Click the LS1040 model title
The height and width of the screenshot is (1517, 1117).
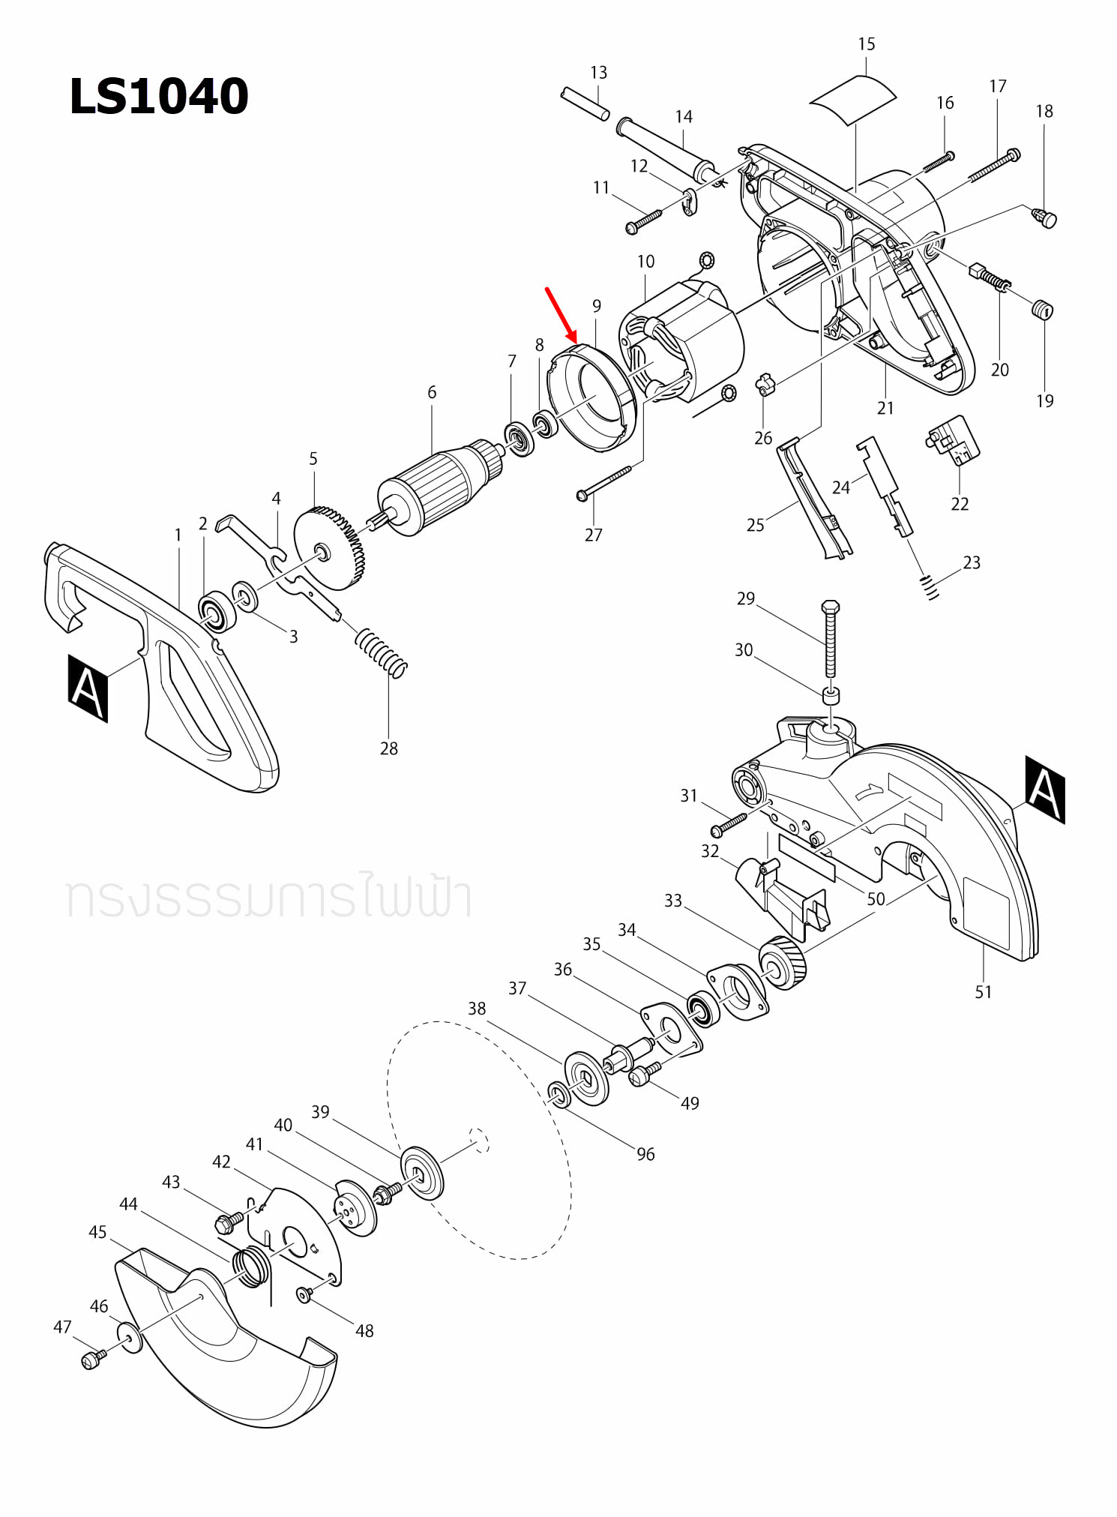[158, 96]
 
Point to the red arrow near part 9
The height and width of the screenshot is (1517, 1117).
[561, 315]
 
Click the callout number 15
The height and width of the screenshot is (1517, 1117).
[866, 44]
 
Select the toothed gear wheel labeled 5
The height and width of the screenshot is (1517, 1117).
[328, 549]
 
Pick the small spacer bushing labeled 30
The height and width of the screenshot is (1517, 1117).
[831, 695]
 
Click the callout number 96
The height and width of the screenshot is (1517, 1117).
[645, 1154]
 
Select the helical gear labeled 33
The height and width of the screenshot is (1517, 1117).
[783, 963]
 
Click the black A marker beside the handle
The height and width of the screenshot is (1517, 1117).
[88, 688]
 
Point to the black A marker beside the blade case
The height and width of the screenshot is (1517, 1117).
[1045, 790]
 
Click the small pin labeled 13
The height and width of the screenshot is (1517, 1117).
[585, 104]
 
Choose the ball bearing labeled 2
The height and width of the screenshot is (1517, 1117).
[217, 611]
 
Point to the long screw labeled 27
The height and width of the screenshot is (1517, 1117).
[604, 482]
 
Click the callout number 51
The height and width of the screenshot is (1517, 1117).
[983, 992]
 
